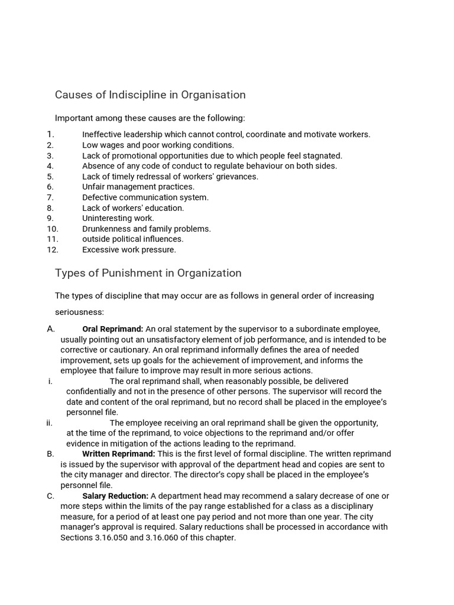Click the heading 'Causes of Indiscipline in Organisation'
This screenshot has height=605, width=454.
point(150,95)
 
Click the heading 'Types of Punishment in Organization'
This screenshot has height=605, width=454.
point(148,273)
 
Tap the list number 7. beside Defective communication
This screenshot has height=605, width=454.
point(50,197)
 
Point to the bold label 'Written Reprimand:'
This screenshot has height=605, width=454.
point(118,454)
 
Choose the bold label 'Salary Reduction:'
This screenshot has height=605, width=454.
point(115,496)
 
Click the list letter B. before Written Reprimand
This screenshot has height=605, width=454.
point(50,454)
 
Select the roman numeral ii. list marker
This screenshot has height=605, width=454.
point(50,422)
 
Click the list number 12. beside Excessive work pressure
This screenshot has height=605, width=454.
point(53,250)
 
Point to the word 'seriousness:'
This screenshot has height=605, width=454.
point(79,311)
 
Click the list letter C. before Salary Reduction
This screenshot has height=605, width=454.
point(50,496)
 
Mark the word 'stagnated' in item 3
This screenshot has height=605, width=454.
point(323,155)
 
